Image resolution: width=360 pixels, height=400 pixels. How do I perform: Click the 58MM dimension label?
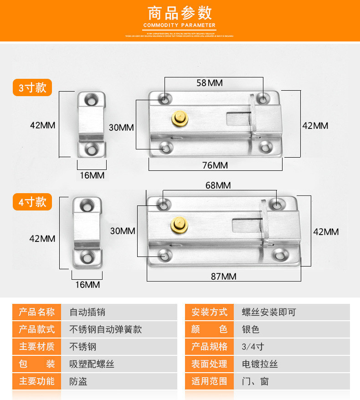click(209, 83)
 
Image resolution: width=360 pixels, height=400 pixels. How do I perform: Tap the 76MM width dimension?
click(215, 165)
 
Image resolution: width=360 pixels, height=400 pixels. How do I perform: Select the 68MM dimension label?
click(218, 185)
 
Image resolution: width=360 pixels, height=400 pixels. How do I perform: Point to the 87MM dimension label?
click(223, 276)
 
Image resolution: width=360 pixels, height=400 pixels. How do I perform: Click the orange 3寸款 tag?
click(32, 87)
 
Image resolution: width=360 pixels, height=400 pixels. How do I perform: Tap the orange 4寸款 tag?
click(32, 202)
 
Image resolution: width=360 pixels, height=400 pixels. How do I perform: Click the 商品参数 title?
click(180, 12)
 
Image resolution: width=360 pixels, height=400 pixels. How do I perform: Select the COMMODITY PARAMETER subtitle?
click(180, 25)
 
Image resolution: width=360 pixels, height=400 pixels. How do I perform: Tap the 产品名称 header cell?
click(36, 312)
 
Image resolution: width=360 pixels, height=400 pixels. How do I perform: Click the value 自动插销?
click(87, 312)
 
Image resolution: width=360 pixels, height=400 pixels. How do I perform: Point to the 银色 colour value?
click(251, 329)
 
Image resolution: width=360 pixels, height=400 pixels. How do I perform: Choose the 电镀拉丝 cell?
click(260, 364)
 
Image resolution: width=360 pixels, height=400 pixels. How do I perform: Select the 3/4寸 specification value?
click(253, 346)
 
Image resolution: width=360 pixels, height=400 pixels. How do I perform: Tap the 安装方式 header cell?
click(209, 312)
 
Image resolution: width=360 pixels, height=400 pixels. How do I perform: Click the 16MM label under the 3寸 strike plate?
click(91, 175)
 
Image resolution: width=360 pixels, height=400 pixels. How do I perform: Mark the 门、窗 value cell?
click(255, 381)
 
